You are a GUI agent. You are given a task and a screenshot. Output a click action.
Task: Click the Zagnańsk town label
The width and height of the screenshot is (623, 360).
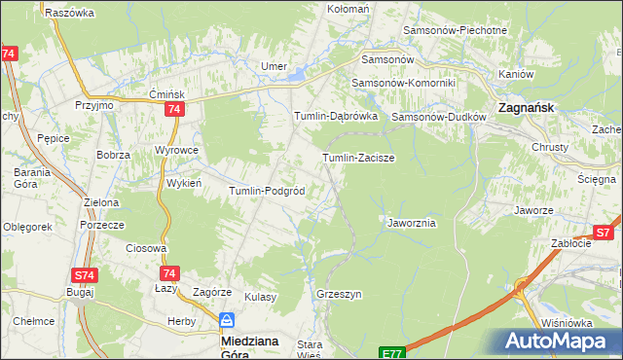click(527, 108)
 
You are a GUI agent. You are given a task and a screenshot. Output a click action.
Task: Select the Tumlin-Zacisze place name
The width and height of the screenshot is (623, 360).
click(358, 158)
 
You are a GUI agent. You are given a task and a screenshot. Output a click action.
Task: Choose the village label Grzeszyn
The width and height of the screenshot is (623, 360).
click(339, 294)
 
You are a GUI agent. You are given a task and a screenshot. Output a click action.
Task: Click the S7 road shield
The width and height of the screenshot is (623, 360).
click(604, 233)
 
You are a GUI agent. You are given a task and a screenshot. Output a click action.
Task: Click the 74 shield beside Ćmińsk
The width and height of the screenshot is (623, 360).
click(173, 111)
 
